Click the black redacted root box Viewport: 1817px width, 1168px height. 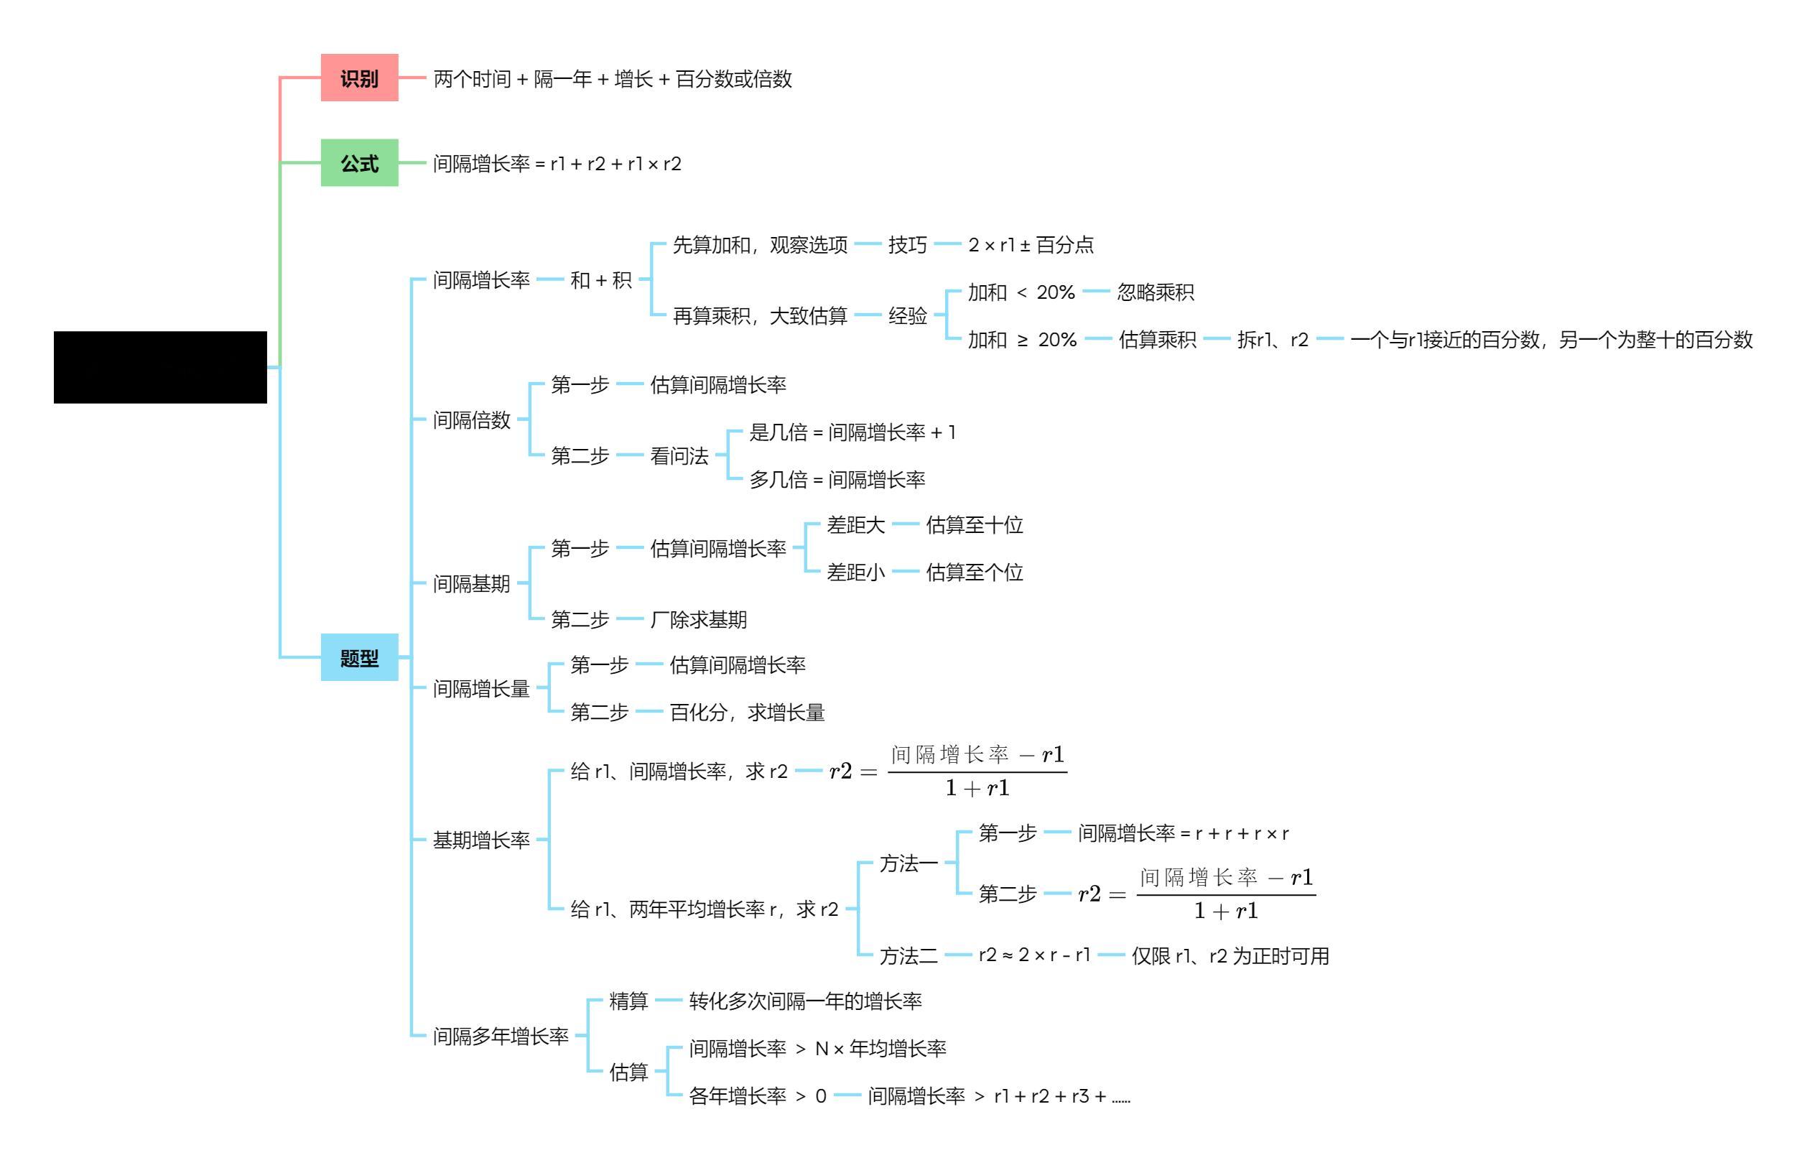click(x=160, y=367)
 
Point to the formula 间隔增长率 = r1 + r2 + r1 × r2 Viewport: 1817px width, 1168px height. click(x=557, y=164)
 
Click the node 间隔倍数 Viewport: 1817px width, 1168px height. click(x=471, y=420)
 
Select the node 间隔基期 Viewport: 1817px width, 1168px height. click(x=471, y=583)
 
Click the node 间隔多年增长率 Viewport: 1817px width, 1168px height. click(x=501, y=1035)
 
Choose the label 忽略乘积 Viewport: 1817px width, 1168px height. click(x=1155, y=292)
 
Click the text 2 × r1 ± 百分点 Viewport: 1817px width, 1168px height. click(x=1031, y=244)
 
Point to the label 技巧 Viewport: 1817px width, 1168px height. click(x=907, y=244)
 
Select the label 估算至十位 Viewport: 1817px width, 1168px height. click(x=974, y=525)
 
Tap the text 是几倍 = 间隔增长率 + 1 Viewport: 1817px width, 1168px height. click(x=852, y=432)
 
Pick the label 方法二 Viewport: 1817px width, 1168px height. click(x=908, y=955)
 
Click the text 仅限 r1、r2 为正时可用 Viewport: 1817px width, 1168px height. click(x=1230, y=955)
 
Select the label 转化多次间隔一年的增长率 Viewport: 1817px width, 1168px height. click(x=804, y=1001)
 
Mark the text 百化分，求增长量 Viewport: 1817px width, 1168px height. click(x=746, y=712)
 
